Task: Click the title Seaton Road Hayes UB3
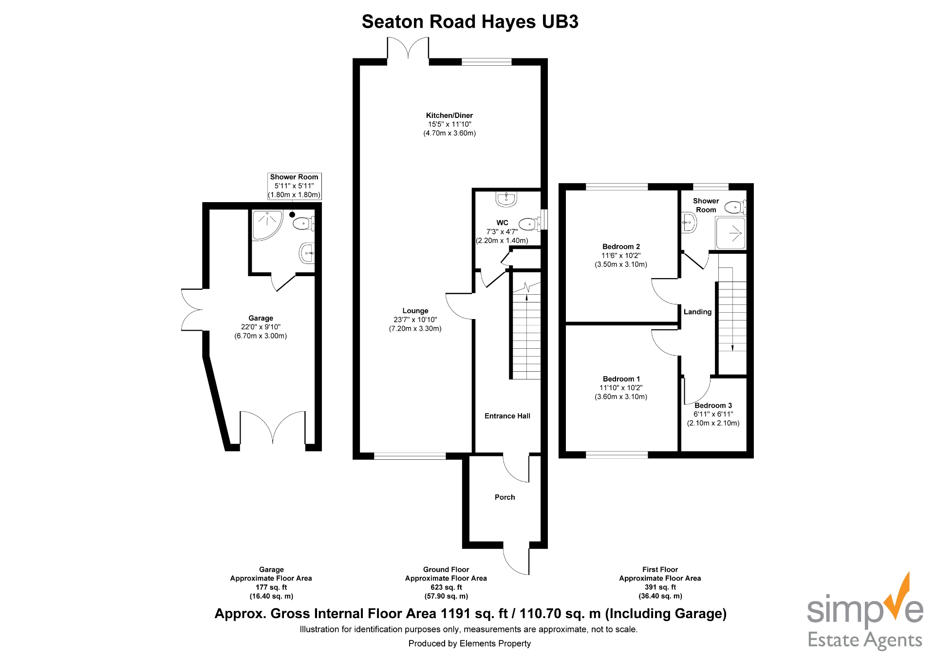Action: [x=469, y=22]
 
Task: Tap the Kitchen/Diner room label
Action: [x=449, y=115]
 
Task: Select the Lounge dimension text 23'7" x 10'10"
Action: [x=415, y=320]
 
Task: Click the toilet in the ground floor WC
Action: [x=530, y=224]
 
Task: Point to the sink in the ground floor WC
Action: [x=506, y=198]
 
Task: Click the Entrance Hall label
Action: [x=507, y=416]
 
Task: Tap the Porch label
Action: [x=505, y=497]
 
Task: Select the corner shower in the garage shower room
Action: [x=266, y=224]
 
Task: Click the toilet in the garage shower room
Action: [x=303, y=224]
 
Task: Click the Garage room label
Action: [x=261, y=318]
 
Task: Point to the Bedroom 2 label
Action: [x=621, y=246]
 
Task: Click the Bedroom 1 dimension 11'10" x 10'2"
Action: [x=621, y=388]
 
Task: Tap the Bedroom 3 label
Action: [x=713, y=405]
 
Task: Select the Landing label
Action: [x=697, y=312]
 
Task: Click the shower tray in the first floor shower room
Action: [x=730, y=233]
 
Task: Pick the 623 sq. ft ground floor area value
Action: [x=446, y=587]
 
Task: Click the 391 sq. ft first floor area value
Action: [x=660, y=587]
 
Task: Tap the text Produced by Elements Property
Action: [x=469, y=643]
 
